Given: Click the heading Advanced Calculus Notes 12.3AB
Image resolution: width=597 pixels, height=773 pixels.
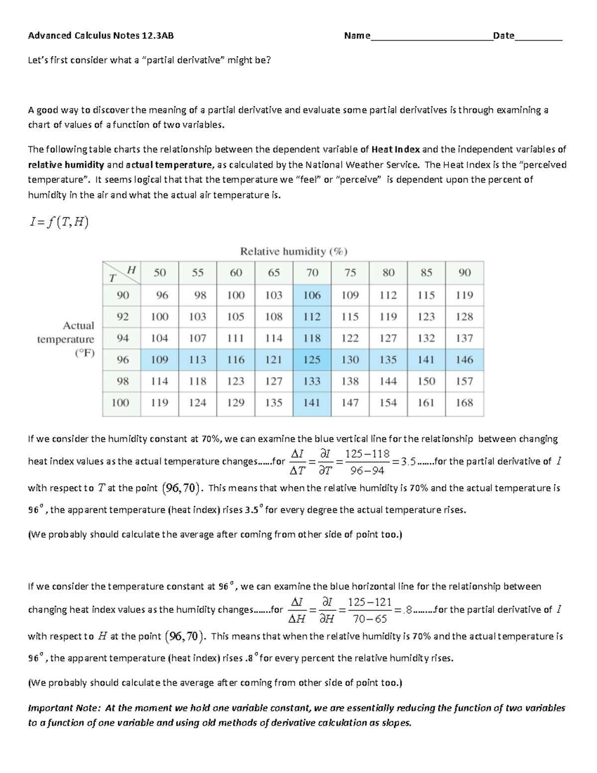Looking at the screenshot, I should [101, 35].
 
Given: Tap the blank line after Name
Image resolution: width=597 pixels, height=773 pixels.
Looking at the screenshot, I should [431, 37].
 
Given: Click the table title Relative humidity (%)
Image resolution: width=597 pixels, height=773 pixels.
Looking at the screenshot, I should [294, 251].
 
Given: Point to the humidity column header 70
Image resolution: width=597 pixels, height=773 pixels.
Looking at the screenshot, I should [312, 273].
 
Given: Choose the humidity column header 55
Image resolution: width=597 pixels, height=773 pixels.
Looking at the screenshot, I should [198, 273].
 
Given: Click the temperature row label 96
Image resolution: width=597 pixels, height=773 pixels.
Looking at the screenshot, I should [122, 359].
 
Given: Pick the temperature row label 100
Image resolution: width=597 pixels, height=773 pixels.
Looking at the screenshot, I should [121, 403].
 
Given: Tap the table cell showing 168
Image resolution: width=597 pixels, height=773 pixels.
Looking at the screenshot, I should [464, 403].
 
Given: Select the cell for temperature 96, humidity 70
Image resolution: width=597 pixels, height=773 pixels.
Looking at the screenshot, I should [312, 359].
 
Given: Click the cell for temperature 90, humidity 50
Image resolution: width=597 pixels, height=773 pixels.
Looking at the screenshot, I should [160, 295].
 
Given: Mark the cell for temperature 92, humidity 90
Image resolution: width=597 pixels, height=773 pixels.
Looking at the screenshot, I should [464, 317].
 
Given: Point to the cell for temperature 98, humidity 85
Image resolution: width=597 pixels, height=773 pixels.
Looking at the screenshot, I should [426, 381].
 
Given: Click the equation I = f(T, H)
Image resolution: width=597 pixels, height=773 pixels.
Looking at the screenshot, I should [59, 222].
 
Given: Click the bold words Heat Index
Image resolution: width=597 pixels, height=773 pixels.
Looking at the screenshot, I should [396, 149].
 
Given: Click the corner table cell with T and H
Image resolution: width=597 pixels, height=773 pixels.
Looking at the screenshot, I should [122, 273].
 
